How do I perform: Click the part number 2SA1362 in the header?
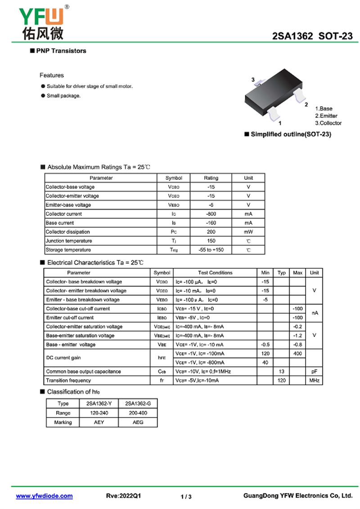pos(292,37)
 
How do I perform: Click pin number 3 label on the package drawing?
pos(253,80)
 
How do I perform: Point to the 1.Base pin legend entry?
pos(324,108)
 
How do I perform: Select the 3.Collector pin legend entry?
pos(328,123)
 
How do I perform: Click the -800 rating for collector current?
pos(211,214)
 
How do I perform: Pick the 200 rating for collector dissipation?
pos(211,232)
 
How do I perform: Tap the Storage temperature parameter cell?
pos(68,250)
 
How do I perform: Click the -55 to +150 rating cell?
pos(211,250)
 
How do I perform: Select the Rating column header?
pos(211,178)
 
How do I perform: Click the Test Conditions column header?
pos(215,273)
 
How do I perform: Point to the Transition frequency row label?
pos(68,381)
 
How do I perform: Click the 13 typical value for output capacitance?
pos(282,372)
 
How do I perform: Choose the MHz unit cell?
pos(314,381)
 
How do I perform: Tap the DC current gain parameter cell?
pos(63,358)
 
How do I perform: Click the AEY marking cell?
pos(99,423)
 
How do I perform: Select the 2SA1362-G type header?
pos(138,404)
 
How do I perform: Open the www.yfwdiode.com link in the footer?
pos(44,496)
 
